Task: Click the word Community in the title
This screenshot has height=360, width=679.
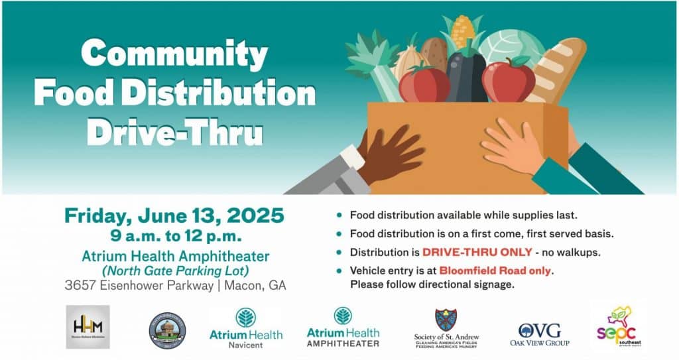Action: [x=174, y=53]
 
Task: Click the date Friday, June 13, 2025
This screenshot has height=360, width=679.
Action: [x=174, y=215]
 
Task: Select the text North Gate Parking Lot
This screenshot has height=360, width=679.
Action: [x=175, y=270]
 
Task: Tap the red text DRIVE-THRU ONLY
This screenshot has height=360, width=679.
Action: [x=477, y=252]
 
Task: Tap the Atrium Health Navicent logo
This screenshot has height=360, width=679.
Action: [x=245, y=327]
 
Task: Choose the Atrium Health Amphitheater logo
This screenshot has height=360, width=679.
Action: [x=343, y=328]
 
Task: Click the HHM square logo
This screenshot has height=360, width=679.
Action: [x=88, y=327]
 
